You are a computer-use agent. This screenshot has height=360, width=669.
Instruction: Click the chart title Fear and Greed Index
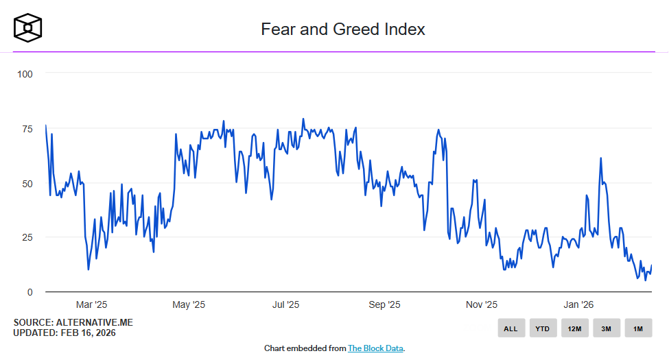(343, 29)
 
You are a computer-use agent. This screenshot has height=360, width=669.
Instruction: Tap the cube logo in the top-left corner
(28, 27)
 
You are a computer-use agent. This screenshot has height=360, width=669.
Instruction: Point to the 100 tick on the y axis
(25, 73)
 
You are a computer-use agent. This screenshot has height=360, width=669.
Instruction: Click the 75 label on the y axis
(27, 128)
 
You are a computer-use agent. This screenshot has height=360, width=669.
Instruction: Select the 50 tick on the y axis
(27, 183)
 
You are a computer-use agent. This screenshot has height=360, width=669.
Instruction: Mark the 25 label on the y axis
(27, 237)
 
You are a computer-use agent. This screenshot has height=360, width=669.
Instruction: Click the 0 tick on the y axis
(30, 292)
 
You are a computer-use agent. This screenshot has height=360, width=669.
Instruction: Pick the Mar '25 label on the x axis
(91, 304)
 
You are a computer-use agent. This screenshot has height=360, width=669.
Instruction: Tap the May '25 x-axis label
(189, 304)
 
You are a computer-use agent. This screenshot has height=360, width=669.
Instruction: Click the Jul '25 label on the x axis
(286, 304)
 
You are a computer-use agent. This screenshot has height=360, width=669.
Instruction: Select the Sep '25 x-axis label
(384, 304)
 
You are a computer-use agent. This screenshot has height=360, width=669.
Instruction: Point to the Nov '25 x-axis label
(482, 304)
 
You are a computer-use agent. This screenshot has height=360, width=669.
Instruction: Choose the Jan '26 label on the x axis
(579, 304)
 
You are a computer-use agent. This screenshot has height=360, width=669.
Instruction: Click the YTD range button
(543, 328)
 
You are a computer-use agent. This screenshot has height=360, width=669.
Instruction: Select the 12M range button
(574, 328)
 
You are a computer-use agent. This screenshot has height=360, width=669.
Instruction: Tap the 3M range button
(607, 328)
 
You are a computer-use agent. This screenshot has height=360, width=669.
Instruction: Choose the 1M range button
(638, 328)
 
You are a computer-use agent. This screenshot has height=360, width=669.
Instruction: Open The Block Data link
(375, 348)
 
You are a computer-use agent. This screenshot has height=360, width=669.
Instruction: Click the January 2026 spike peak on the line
(600, 158)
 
